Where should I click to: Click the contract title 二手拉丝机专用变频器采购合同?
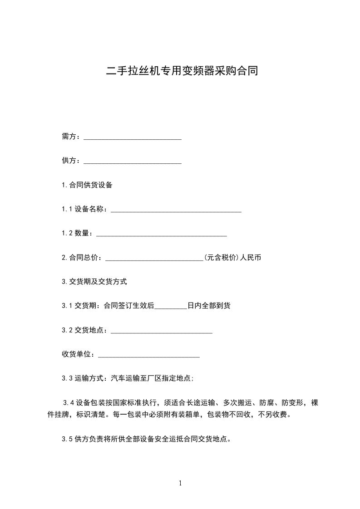[x=182, y=71]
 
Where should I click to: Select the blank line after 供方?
[x=133, y=162]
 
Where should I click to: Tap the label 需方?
[x=70, y=137]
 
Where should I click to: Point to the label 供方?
[x=70, y=161]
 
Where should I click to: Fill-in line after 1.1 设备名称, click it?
[x=176, y=210]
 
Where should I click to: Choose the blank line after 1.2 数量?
[x=161, y=234]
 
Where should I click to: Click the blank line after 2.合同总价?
[x=154, y=259]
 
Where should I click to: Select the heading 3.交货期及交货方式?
[x=94, y=282]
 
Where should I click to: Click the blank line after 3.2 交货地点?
[x=161, y=331]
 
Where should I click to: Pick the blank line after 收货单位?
[x=148, y=355]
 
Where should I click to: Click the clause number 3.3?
[x=67, y=378]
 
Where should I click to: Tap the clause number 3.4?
[x=69, y=402]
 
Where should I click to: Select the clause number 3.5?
[x=67, y=439]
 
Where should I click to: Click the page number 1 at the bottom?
[x=180, y=483]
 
